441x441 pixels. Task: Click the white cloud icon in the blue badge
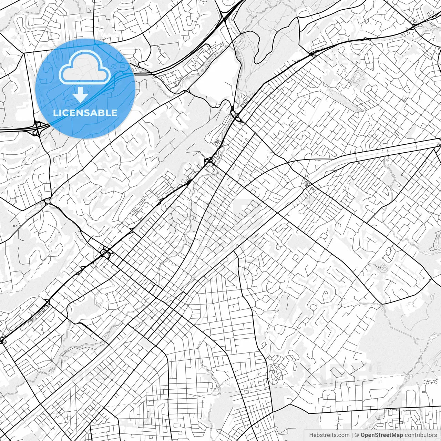85,68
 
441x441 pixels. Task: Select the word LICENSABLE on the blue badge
85,113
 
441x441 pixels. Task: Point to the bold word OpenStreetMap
382,435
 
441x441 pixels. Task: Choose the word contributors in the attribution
420,435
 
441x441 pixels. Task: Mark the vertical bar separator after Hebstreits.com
352,435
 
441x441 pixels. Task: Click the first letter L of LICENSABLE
55,113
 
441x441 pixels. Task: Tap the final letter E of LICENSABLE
115,113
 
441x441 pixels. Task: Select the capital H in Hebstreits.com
311,435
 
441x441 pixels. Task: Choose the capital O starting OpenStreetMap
363,435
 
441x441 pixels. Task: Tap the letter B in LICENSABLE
102,113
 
